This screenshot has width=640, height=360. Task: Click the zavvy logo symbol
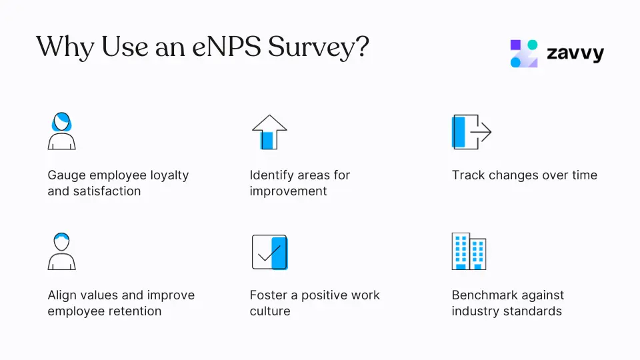(524, 54)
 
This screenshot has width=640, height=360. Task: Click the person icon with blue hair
(61, 131)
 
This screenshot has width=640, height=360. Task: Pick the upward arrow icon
(269, 131)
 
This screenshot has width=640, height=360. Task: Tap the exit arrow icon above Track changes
(471, 131)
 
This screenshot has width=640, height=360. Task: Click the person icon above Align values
(61, 251)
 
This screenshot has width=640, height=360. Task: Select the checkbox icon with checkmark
(269, 252)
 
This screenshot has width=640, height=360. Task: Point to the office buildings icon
(469, 251)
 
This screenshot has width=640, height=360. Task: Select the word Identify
(272, 175)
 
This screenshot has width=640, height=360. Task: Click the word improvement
(288, 191)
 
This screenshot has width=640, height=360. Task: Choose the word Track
(468, 175)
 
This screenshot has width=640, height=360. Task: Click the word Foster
(269, 295)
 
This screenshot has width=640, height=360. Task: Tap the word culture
(270, 311)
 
